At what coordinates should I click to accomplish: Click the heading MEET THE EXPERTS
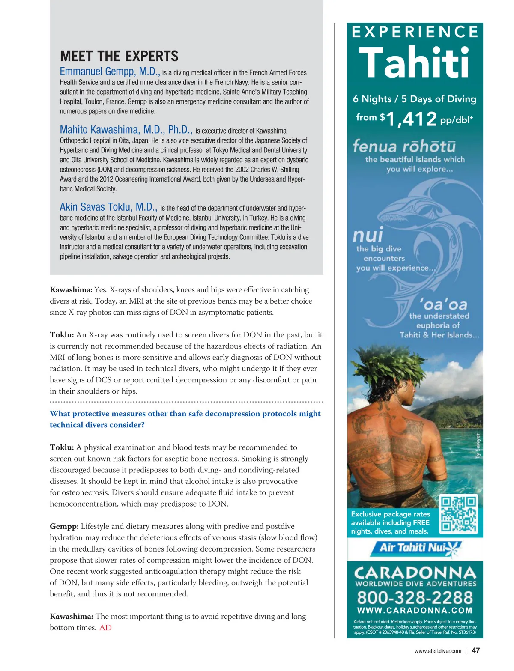point(119,56)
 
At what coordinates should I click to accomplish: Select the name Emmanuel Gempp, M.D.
point(110,72)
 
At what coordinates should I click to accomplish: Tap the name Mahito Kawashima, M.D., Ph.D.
point(126,130)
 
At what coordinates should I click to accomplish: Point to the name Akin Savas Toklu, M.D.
point(108,207)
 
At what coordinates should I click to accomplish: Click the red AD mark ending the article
point(105,628)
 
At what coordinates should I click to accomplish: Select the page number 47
point(475,650)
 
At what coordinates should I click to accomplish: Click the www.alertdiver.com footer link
point(438,651)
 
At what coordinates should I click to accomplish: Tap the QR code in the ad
point(458,514)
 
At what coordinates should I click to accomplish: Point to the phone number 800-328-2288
point(415,597)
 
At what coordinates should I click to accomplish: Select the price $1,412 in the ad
point(411,119)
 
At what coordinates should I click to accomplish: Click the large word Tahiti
point(414,63)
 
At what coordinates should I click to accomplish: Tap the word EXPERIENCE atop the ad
point(415,32)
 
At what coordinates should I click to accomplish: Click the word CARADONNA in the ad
point(415,573)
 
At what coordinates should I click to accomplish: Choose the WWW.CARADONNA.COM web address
point(415,611)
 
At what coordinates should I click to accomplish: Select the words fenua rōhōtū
point(404,146)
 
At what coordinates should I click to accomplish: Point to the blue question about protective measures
point(185,419)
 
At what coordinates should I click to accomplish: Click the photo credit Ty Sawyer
point(478,446)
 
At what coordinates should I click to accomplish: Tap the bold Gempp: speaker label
point(64,526)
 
